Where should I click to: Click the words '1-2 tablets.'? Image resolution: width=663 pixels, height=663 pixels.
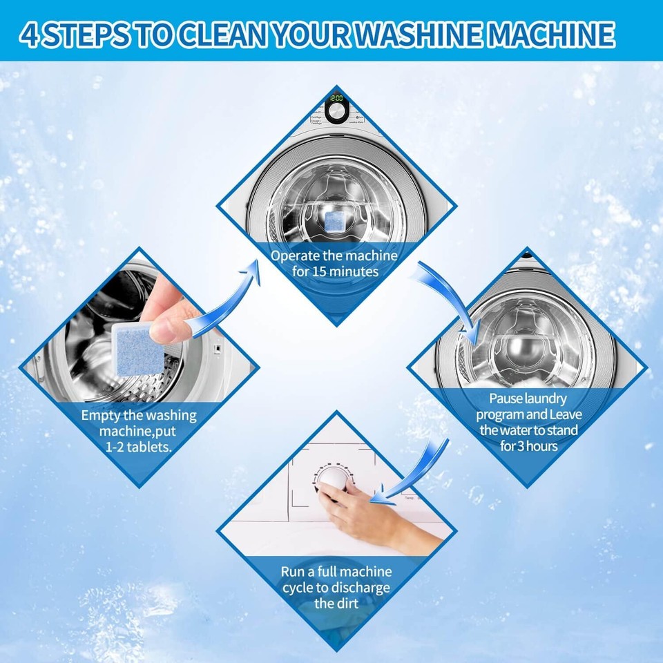(x=138, y=447)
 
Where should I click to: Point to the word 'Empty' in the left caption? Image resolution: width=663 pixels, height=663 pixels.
(x=102, y=416)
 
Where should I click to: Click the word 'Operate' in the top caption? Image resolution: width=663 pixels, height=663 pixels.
(x=296, y=256)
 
